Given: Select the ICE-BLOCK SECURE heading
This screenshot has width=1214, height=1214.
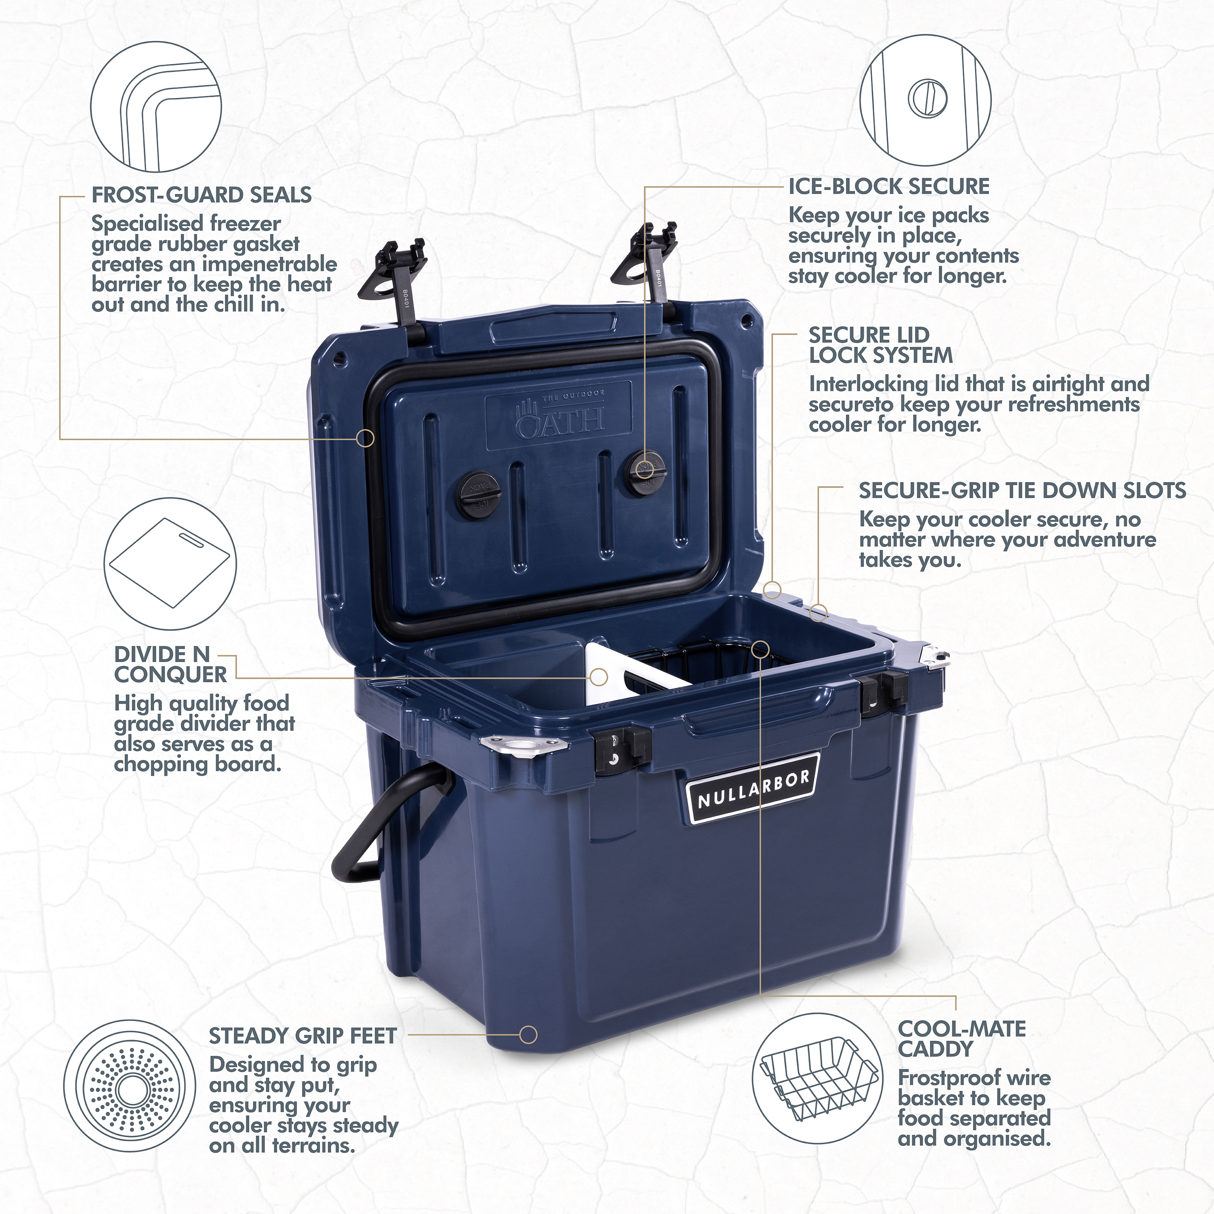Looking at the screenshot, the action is coord(889,187).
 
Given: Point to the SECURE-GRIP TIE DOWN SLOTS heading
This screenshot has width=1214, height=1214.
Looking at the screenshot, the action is coord(1022,490).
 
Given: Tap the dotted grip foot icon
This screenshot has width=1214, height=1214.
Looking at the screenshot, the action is coord(130,1086).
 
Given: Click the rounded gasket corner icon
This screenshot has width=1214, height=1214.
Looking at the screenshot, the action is coord(156,107).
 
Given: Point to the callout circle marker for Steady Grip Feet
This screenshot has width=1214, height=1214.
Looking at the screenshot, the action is coord(528,1035).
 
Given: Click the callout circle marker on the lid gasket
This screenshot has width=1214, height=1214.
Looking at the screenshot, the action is coord(365,438).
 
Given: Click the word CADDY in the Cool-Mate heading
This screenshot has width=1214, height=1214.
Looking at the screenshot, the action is coord(936,1049).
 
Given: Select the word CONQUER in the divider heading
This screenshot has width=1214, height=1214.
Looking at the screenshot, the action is coord(170,674).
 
